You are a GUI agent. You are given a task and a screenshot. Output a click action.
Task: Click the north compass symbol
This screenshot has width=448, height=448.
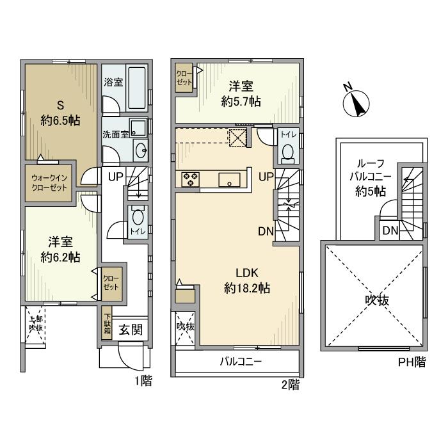tap(355, 102)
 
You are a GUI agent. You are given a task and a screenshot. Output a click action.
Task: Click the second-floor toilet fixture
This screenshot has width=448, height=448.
tap(287, 150)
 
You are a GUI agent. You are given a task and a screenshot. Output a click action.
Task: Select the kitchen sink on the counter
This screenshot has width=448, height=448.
tap(228, 179)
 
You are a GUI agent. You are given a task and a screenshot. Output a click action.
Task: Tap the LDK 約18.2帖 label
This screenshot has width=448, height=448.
tap(246, 281)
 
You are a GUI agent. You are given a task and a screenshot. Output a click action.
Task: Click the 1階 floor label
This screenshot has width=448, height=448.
tap(143, 382)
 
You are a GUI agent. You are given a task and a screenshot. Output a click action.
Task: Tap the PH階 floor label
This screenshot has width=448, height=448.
tap(412, 363)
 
